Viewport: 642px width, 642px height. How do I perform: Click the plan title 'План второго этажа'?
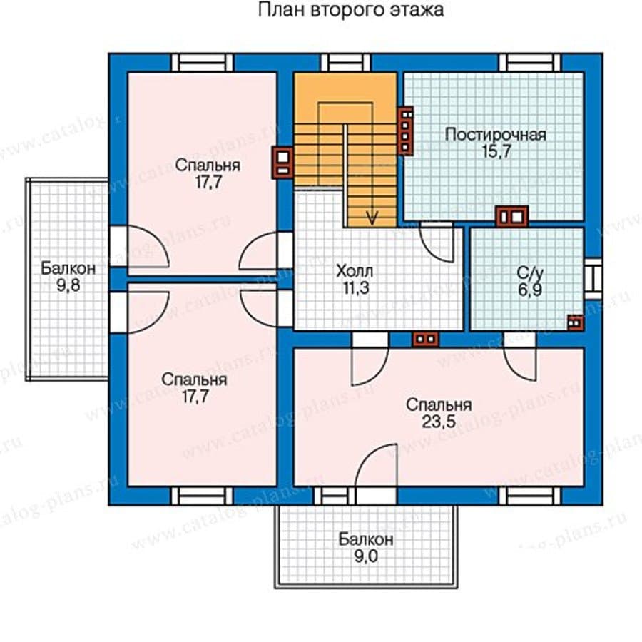pos(350,10)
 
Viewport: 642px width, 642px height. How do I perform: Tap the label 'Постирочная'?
pos(496,135)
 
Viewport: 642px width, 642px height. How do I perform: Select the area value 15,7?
pos(496,151)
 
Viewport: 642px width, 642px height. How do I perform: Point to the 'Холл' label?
pos(355,271)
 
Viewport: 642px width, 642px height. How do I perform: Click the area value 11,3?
pos(356,288)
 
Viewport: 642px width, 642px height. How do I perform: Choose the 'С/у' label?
pos(530,272)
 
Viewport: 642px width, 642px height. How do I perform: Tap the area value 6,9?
pos(530,290)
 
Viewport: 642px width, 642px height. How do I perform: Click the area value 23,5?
pos(439,422)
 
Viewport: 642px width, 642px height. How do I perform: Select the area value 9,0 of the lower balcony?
pos(366,556)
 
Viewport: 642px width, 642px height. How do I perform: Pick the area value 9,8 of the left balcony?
pos(68,285)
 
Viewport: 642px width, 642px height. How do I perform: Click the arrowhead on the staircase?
pos(372,218)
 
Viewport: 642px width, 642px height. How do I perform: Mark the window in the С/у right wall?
pos(593,278)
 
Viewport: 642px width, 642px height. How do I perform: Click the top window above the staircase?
pos(346,63)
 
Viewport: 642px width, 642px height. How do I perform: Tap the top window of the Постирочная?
pos(530,63)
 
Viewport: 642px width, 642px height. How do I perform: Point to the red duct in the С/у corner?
pos(575,322)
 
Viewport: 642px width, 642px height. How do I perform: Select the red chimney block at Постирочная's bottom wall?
pos(511,217)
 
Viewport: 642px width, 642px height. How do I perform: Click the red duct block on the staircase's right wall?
pos(405,131)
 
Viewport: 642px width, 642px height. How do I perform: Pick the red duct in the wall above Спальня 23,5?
pos(426,340)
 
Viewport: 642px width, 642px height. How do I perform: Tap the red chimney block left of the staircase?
pos(283,163)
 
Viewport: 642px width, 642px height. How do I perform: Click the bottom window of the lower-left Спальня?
pos(202,496)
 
